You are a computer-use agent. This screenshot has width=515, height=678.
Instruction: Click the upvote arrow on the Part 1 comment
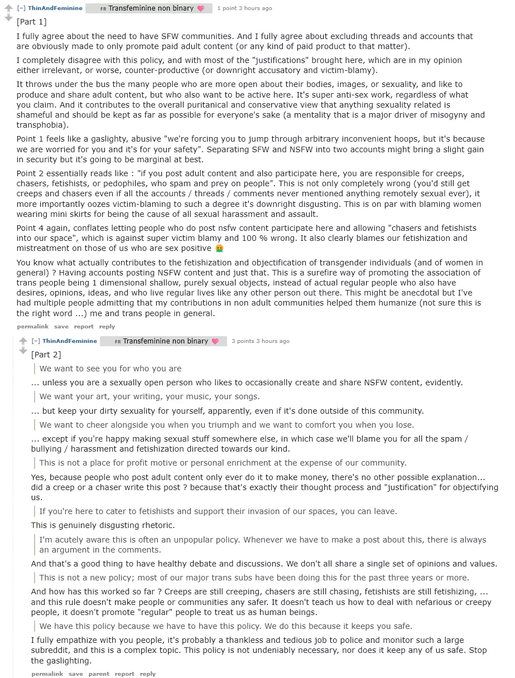[8, 7]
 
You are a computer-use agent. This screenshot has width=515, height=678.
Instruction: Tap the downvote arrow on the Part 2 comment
[23, 350]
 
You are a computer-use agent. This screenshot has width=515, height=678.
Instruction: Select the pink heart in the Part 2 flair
[215, 341]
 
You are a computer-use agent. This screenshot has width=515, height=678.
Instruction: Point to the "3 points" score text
[243, 341]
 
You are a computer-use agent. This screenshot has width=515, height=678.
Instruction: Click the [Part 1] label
[32, 22]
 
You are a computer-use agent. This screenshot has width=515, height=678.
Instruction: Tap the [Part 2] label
[46, 355]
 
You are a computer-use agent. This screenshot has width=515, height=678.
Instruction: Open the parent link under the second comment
[99, 674]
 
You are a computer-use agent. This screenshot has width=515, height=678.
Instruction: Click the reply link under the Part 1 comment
[107, 326]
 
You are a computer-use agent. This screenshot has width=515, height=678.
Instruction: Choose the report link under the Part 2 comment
[124, 674]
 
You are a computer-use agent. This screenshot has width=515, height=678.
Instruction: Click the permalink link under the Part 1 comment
[32, 326]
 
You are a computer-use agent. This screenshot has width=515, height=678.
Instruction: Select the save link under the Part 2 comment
[76, 674]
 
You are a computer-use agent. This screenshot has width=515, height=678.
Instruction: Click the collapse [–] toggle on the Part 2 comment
[36, 341]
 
